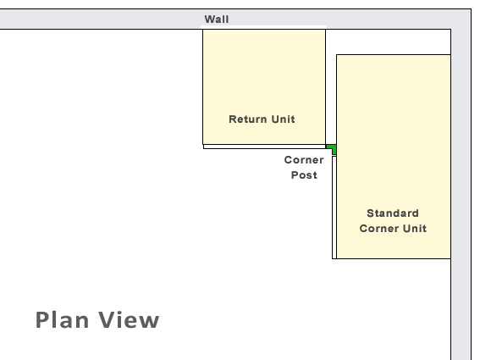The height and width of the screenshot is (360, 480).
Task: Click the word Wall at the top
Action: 217,19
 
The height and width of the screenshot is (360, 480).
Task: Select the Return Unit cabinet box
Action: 264,87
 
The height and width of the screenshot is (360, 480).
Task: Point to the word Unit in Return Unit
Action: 283,119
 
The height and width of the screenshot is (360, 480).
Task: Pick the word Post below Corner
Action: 304,175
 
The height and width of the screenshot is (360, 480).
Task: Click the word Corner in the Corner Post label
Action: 304,160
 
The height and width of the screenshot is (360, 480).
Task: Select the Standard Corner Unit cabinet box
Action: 394,157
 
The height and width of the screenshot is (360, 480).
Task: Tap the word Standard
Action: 393,213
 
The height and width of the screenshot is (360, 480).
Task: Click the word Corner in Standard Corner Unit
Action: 379,229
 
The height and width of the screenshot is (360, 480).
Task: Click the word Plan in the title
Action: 62,320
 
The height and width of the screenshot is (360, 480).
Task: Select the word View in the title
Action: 129,320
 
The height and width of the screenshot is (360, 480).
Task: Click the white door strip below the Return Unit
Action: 264,147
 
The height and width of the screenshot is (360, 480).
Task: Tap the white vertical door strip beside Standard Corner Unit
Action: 334,208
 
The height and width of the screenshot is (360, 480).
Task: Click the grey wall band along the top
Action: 235,19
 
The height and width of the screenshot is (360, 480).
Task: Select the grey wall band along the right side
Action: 461,185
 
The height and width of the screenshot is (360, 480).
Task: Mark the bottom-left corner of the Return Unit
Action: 202,145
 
